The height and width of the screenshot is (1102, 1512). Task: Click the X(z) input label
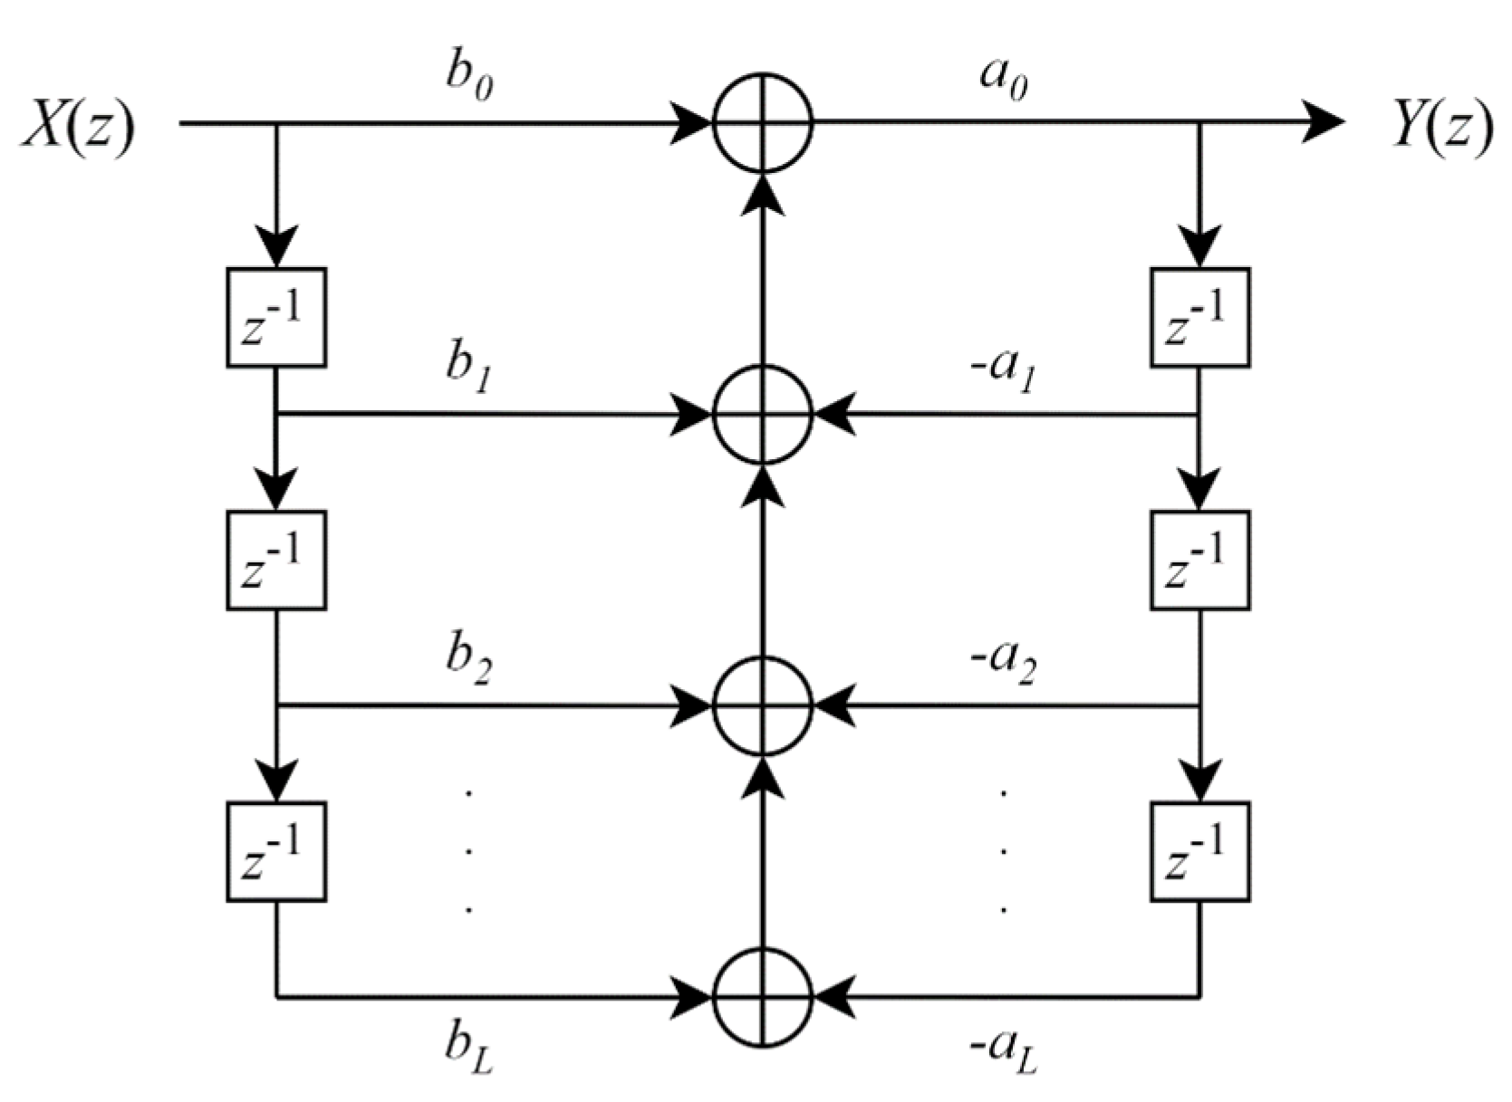coord(77,125)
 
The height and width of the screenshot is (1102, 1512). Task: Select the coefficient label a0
coord(1004,80)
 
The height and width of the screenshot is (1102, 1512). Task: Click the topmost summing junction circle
coord(763,122)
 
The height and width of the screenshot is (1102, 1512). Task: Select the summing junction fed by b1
coord(763,415)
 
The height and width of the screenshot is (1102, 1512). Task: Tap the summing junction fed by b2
coord(763,706)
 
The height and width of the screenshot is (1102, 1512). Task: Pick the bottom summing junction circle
coord(763,997)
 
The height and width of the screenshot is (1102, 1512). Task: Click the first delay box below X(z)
coord(276,317)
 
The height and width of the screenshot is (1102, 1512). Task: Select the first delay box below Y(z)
coord(1200,317)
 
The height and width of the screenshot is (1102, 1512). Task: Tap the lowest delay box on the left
coord(276,851)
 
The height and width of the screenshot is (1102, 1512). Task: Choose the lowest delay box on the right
coord(1200,851)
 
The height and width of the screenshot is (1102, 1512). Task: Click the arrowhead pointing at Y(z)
coord(1323,122)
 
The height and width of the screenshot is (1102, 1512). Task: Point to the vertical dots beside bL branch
coord(468,849)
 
